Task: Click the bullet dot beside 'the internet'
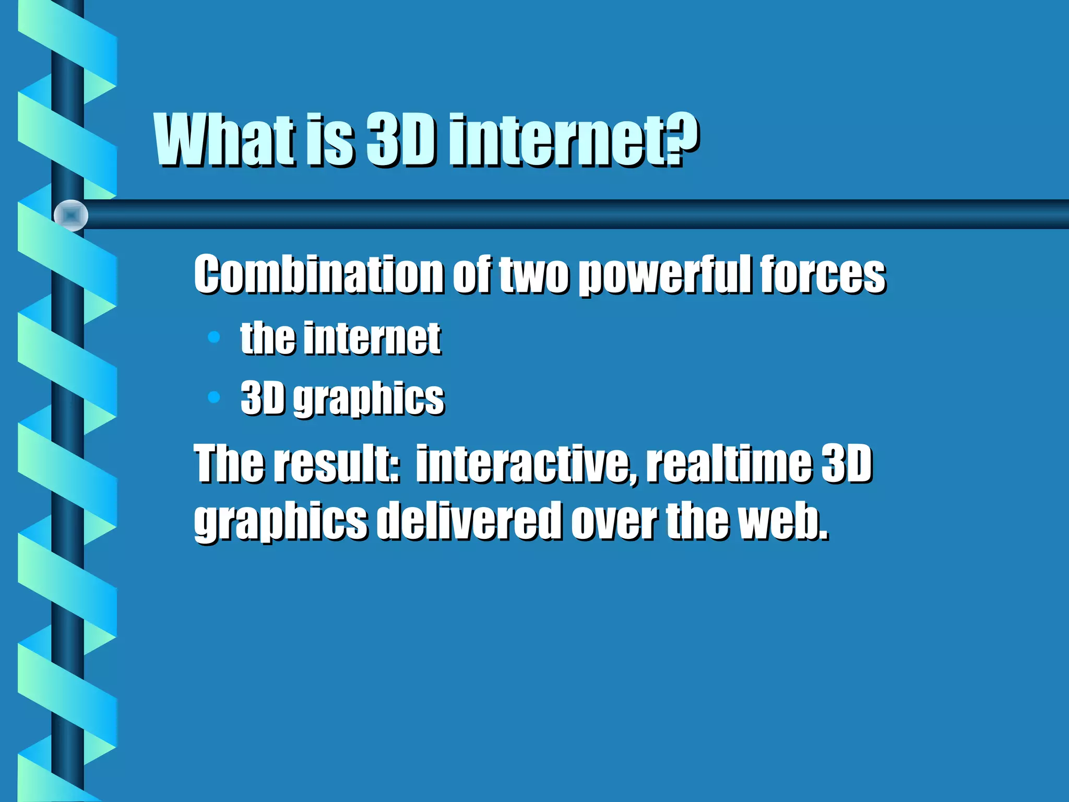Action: click(214, 337)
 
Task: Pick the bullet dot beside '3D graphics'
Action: click(214, 397)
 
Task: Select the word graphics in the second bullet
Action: click(369, 399)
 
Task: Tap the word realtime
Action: click(729, 463)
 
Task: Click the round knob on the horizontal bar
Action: click(71, 215)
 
